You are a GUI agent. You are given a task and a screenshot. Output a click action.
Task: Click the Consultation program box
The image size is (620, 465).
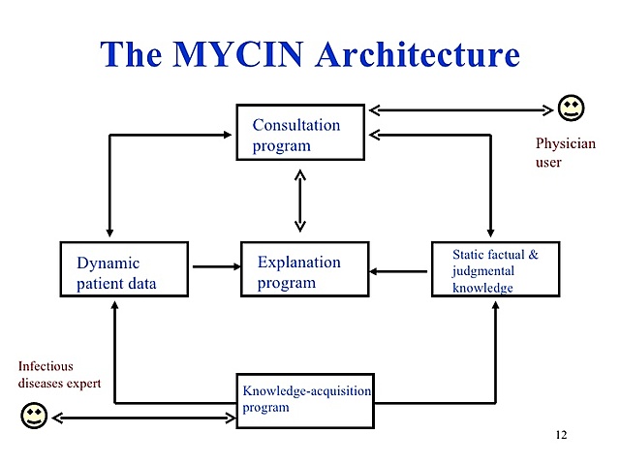click(x=300, y=133)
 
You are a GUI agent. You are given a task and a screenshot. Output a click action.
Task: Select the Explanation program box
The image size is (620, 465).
click(x=304, y=269)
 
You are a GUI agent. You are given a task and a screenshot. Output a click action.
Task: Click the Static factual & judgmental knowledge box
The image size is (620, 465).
click(x=495, y=269)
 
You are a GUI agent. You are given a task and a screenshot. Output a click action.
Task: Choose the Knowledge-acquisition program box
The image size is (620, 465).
click(x=304, y=400)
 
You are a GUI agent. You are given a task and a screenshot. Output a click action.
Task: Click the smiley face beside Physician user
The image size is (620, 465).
click(x=572, y=108)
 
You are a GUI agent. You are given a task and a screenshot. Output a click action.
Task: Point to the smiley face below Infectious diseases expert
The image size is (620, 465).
click(x=35, y=417)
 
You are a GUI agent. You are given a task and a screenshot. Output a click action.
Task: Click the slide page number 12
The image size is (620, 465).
click(x=561, y=434)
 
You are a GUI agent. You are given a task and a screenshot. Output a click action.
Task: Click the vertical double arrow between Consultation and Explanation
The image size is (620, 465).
click(x=299, y=201)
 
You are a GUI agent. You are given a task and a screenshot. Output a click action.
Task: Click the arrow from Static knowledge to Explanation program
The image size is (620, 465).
click(x=399, y=271)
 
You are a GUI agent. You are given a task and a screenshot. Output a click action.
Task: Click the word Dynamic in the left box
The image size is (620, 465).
click(x=108, y=263)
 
